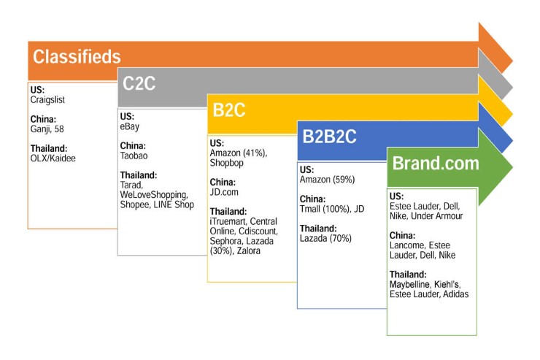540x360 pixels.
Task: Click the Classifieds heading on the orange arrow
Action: tap(77, 57)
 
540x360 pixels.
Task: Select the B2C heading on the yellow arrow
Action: tap(228, 110)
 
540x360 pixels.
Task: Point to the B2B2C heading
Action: tap(329, 137)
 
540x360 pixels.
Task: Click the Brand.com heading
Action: tap(436, 163)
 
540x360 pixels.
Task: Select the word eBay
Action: tap(130, 126)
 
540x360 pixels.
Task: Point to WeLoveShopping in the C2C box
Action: tap(155, 196)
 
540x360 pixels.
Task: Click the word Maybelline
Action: tap(415, 284)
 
